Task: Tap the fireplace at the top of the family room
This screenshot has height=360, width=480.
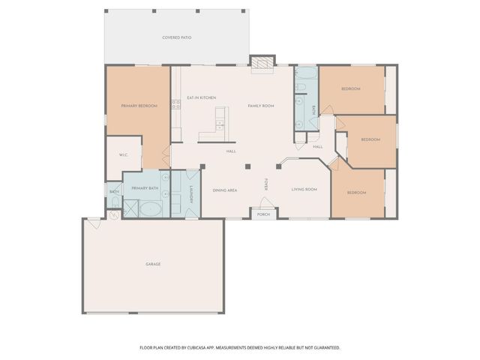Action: (261, 64)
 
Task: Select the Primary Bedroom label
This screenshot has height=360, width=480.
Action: (139, 106)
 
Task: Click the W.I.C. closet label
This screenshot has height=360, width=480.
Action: (124, 155)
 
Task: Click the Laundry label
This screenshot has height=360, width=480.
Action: (192, 193)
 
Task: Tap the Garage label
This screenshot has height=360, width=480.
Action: (153, 264)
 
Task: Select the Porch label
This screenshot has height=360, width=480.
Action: (263, 214)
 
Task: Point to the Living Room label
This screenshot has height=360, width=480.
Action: (304, 189)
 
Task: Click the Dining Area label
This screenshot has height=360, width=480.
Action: (225, 190)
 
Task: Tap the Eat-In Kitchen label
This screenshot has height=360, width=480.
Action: (201, 98)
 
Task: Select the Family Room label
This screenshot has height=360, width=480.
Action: (261, 106)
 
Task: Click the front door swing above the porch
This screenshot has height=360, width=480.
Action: (264, 203)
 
